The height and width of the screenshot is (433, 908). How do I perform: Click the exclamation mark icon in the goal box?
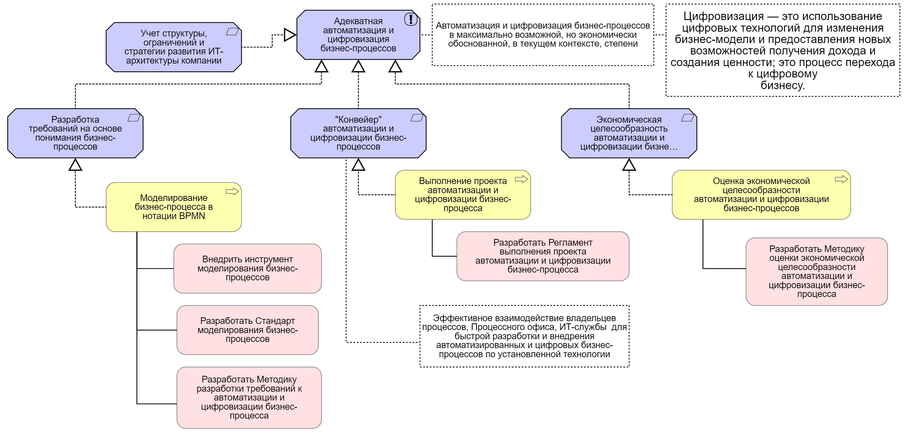[411, 19]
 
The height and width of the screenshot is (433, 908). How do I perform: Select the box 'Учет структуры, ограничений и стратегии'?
[174, 47]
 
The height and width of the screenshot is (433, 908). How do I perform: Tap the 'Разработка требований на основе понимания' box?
[75, 133]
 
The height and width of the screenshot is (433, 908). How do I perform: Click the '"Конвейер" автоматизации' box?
[358, 133]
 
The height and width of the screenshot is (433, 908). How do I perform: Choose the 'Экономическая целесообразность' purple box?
[629, 133]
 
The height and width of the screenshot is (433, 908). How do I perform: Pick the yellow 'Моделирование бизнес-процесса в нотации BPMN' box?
[174, 207]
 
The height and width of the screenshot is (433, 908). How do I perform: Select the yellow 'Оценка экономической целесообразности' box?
[761, 195]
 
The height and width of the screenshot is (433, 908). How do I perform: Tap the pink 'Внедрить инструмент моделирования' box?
[247, 268]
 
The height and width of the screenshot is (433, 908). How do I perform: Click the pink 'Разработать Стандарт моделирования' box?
[247, 330]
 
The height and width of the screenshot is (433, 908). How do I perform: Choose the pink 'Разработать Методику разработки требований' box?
[249, 398]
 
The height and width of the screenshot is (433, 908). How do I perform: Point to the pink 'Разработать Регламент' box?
[543, 256]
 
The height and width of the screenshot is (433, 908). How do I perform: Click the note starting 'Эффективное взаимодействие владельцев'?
[524, 336]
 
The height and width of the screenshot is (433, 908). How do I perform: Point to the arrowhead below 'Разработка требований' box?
[75, 165]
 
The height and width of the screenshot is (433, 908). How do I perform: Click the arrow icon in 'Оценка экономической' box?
[841, 179]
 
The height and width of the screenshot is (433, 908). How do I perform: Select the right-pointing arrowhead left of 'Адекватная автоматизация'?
[289, 35]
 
